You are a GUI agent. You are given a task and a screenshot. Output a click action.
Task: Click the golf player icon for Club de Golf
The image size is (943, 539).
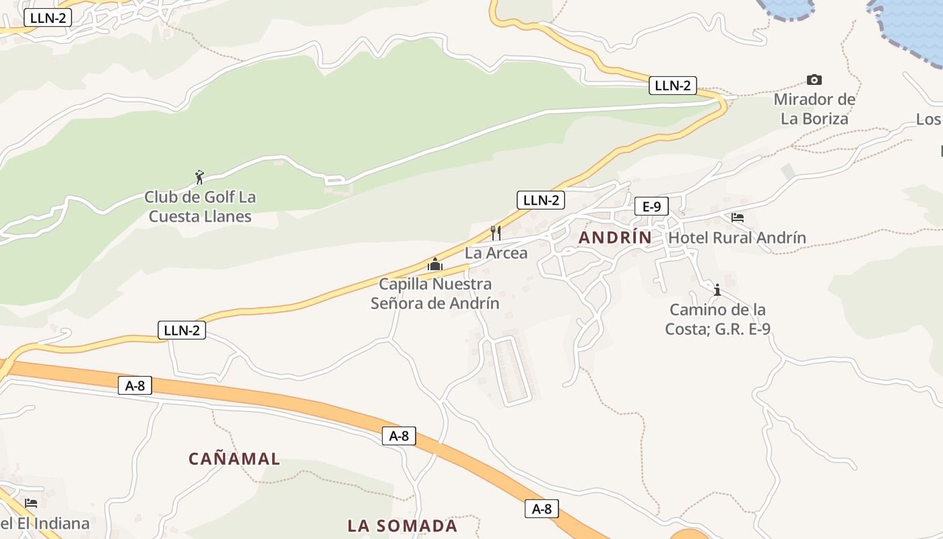[x=199, y=178]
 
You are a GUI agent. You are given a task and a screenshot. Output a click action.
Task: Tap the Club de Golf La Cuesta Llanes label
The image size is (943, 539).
[x=200, y=207]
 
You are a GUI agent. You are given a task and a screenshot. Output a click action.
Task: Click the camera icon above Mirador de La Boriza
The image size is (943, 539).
[x=814, y=80]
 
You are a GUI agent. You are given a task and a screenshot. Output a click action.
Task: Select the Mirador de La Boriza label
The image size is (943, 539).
[x=814, y=109]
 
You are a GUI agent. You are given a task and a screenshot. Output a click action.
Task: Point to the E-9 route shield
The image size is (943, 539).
[x=651, y=206]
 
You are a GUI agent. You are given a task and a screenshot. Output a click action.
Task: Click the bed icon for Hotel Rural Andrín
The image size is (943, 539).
[x=738, y=218]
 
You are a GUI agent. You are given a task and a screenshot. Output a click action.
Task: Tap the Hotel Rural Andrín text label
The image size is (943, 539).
[x=737, y=238]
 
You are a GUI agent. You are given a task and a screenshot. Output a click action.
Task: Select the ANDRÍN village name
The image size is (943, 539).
[x=615, y=238]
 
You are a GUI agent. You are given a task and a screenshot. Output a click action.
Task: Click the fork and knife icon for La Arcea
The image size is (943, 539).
[x=496, y=233]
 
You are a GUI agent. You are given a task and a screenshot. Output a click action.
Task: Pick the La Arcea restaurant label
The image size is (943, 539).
[x=496, y=253]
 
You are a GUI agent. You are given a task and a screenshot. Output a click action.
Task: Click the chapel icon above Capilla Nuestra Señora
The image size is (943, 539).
[x=435, y=264]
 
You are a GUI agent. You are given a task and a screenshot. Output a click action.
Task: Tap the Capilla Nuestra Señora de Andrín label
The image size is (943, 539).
[x=435, y=294]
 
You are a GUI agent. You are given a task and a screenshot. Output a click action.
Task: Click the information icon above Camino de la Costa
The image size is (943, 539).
[x=717, y=290]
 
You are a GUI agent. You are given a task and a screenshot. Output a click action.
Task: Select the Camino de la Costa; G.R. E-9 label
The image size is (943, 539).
[x=717, y=319]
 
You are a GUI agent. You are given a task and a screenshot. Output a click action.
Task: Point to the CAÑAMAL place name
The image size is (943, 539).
[x=234, y=459]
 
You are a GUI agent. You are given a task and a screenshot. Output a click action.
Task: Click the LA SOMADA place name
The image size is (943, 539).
[x=402, y=526]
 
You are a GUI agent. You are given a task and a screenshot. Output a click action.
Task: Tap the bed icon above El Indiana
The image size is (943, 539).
[x=31, y=503]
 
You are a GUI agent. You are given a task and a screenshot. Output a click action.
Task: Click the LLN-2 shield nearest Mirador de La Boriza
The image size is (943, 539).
[x=672, y=86]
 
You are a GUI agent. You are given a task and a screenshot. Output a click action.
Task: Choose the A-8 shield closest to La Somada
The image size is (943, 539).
[x=542, y=509]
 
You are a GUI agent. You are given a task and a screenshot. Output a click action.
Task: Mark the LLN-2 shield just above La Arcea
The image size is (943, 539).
[x=540, y=200]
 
